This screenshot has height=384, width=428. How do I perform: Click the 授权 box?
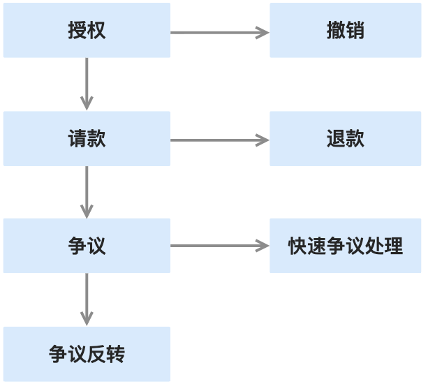[87, 31]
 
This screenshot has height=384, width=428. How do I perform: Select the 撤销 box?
[345, 31]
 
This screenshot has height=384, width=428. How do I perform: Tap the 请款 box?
[87, 138]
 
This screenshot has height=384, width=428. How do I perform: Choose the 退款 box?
[345, 138]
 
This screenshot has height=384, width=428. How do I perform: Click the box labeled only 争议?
[87, 246]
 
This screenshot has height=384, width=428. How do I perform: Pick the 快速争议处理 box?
[345, 246]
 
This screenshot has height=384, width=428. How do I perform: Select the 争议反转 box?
[87, 354]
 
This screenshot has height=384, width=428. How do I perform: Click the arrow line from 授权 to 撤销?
[213, 32]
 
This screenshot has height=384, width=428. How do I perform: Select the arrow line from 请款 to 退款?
[213, 140]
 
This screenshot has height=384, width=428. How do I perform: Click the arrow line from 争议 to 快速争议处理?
[213, 246]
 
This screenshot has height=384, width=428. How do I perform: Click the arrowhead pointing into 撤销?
[263, 32]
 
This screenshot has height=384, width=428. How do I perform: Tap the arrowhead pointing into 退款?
[263, 140]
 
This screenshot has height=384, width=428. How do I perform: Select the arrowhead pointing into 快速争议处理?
[263, 246]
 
